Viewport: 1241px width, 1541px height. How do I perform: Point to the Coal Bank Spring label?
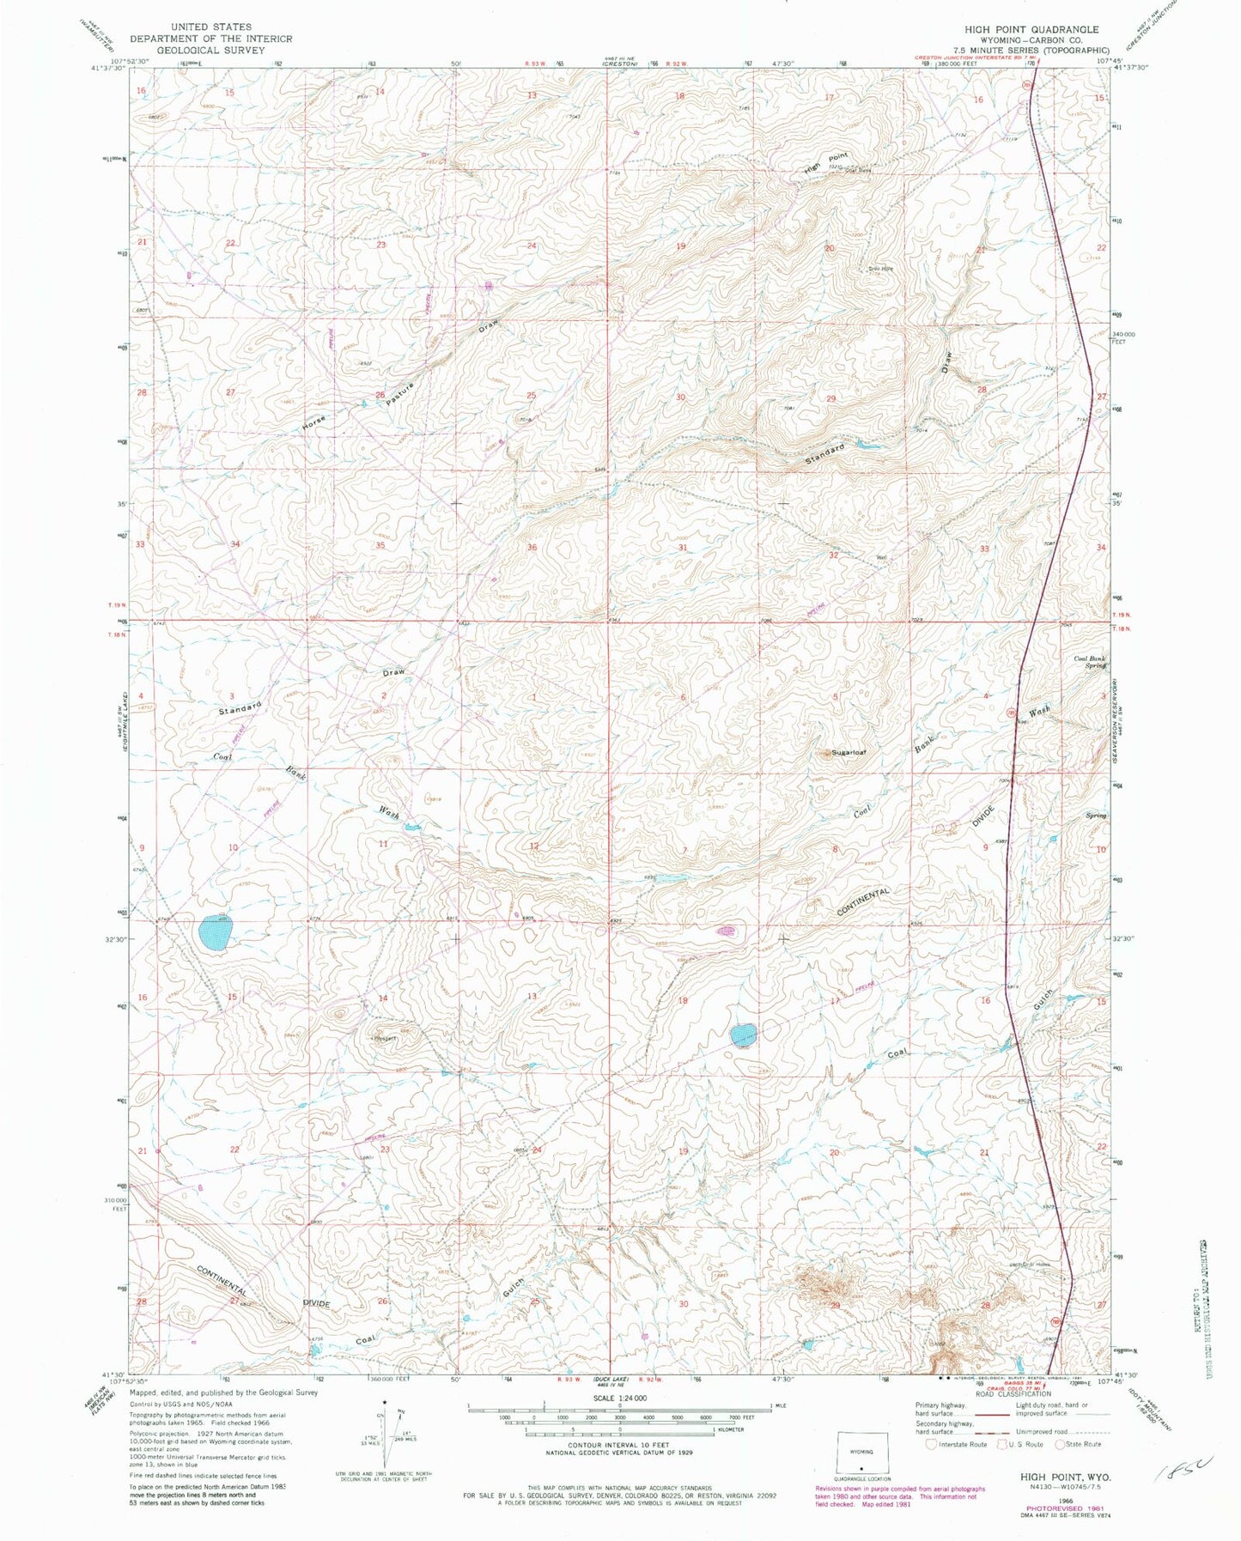[x=1090, y=663]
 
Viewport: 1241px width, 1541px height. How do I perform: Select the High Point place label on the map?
[x=825, y=161]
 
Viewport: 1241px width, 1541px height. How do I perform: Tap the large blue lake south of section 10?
[x=213, y=933]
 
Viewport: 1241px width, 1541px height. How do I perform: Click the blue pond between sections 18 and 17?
[x=743, y=1034]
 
